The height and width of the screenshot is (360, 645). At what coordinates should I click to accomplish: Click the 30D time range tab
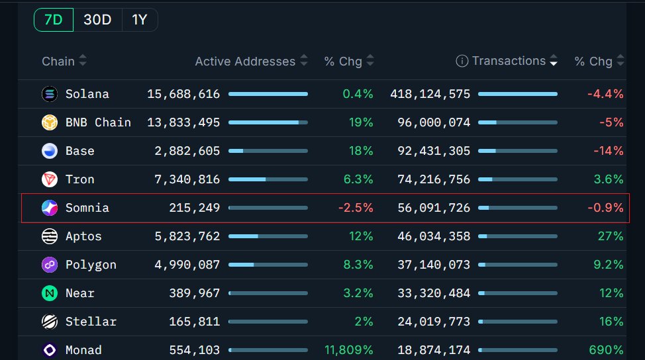click(97, 20)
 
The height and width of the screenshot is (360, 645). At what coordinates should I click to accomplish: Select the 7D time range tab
click(54, 20)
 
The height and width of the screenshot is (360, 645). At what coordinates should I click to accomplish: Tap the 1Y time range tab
click(139, 20)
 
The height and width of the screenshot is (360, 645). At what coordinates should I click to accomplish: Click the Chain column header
click(58, 62)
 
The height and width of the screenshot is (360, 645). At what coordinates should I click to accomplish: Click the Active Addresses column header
click(245, 62)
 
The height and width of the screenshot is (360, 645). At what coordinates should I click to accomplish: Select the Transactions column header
click(509, 62)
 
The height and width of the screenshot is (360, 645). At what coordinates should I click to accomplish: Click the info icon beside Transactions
click(462, 62)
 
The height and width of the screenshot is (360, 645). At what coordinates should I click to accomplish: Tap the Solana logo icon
click(50, 94)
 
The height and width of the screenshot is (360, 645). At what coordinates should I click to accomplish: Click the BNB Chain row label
click(98, 122)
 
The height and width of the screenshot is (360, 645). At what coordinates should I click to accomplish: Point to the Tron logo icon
click(50, 179)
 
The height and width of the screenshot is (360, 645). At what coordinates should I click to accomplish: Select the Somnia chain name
click(87, 208)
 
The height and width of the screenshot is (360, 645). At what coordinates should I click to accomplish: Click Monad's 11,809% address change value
click(349, 350)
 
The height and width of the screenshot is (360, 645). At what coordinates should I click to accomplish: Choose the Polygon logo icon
click(50, 265)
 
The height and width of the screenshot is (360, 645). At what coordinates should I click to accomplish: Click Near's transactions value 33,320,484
click(434, 293)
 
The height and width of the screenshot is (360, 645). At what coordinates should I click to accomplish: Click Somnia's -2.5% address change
click(356, 208)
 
